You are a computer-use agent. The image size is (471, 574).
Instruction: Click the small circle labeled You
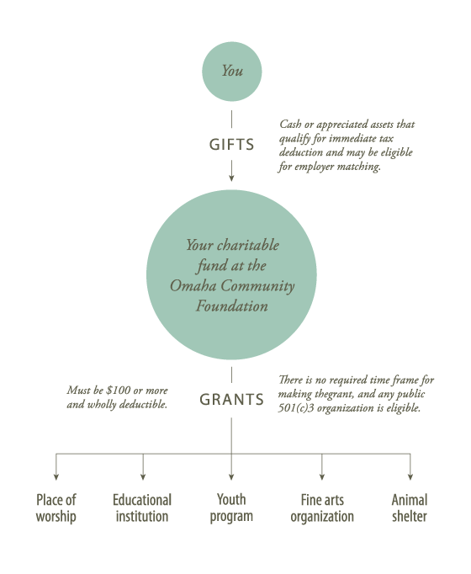tap(232, 72)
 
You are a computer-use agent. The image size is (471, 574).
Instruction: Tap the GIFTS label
tap(231, 145)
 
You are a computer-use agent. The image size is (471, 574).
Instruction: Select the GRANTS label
tap(231, 400)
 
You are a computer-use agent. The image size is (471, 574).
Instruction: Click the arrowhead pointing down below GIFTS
tap(231, 178)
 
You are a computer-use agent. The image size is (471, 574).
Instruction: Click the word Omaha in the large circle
tap(193, 285)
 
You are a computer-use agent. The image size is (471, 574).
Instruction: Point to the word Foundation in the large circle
tap(232, 306)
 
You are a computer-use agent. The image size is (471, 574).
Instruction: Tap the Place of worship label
tap(56, 508)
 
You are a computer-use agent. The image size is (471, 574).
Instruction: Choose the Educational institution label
tap(142, 508)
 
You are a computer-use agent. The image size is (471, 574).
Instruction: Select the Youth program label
tap(231, 508)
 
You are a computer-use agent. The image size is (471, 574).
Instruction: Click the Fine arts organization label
tap(322, 508)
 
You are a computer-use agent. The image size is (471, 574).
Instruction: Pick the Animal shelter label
tap(410, 508)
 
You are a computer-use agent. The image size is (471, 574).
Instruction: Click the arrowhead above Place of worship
tap(56, 476)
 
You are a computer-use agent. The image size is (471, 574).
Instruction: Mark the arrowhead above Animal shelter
tap(410, 476)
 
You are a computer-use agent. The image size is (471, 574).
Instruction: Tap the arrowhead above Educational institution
tap(143, 476)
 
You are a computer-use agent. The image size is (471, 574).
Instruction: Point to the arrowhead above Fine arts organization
tap(322, 476)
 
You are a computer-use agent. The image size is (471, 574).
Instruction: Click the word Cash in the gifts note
tap(290, 125)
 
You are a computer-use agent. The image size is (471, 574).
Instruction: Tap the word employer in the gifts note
tap(314, 167)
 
